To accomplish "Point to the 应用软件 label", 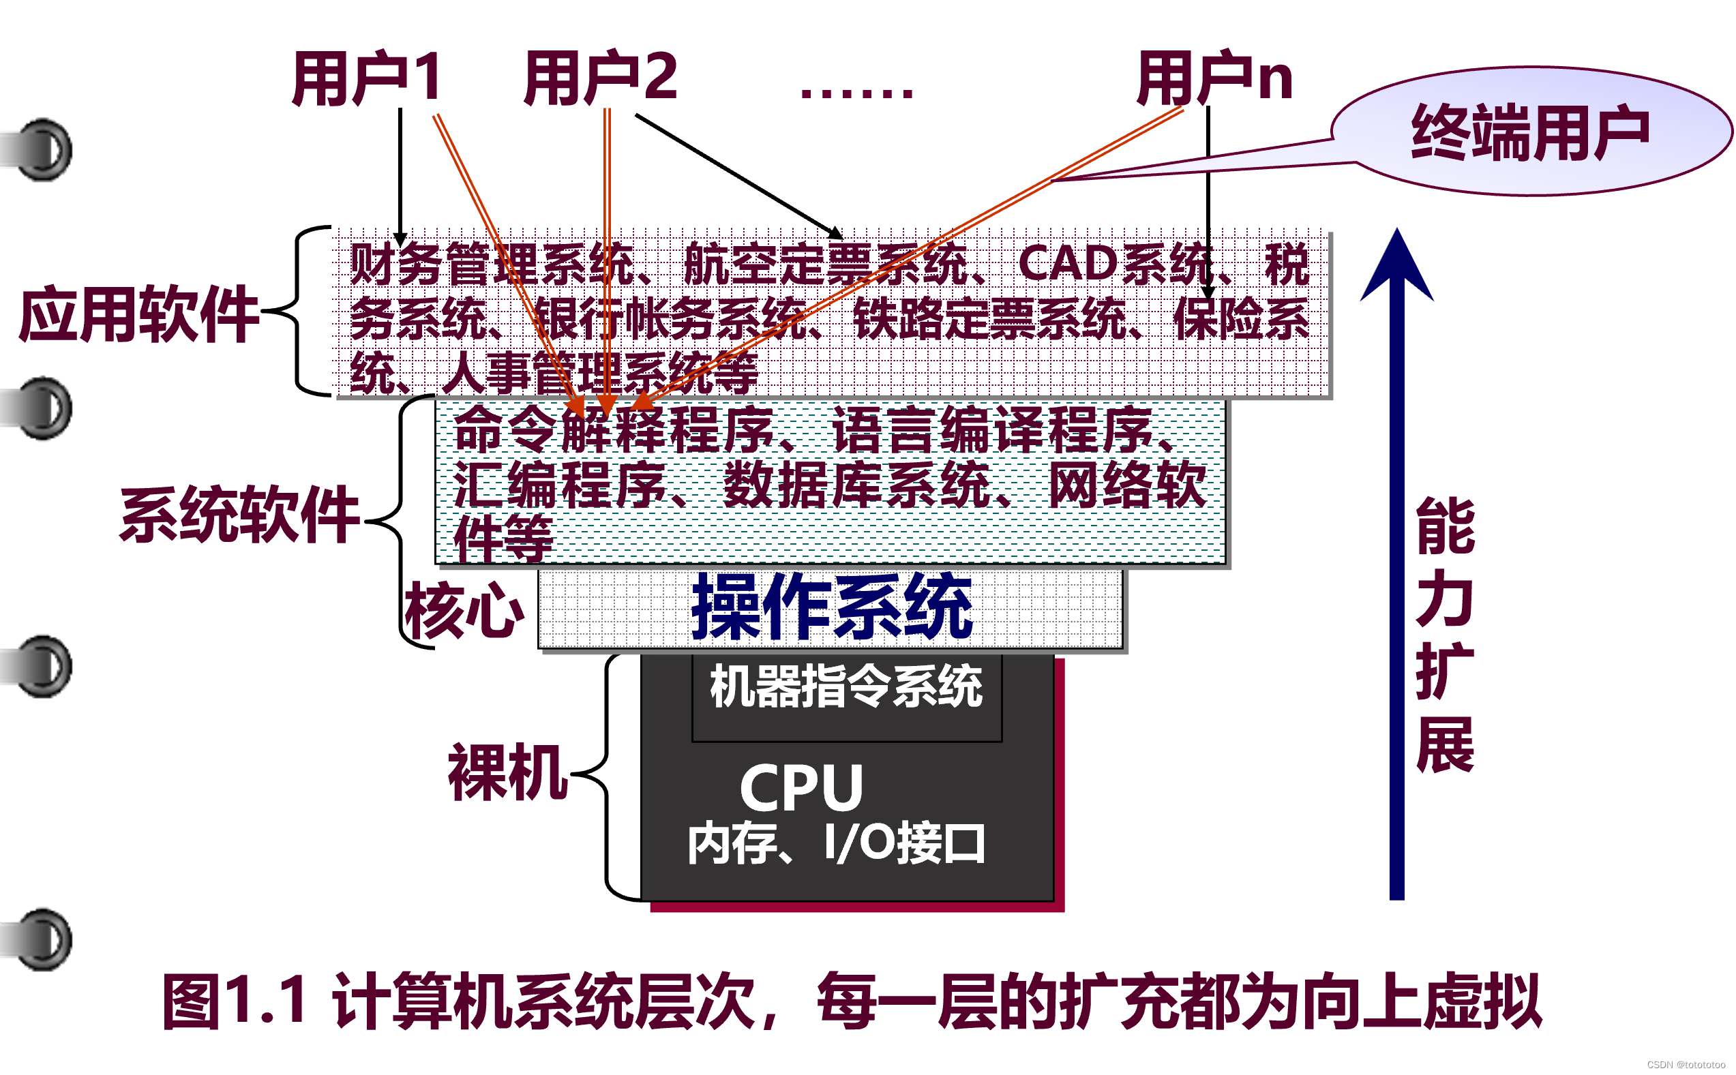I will click(138, 314).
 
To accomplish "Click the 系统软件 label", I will click(239, 515).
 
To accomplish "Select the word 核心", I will click(464, 610).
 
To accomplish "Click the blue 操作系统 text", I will click(831, 608).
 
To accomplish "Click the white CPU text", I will click(801, 788).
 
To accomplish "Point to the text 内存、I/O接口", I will click(837, 844).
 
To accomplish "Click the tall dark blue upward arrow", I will click(1396, 569).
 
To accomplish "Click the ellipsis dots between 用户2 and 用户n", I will click(856, 93).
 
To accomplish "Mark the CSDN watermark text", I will click(1686, 1064).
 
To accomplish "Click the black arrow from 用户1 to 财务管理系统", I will click(400, 178).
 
